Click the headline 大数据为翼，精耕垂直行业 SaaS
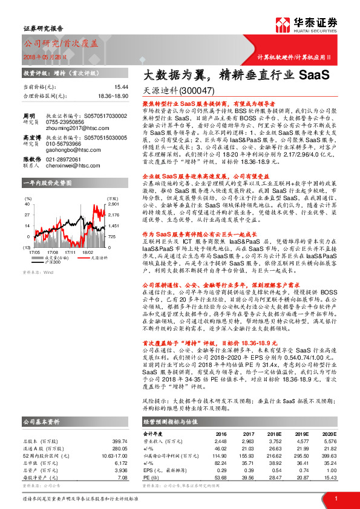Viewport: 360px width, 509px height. [227, 76]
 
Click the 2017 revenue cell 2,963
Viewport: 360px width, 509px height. [246, 424]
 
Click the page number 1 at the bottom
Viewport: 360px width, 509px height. [335, 498]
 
